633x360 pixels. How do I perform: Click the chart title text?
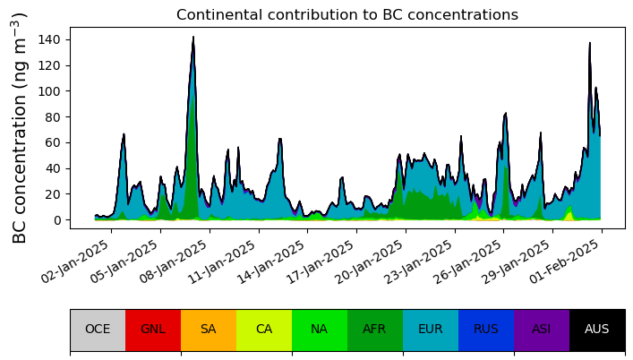click(x=347, y=15)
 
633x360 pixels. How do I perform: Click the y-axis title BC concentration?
click(x=19, y=128)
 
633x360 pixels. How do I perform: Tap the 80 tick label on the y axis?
click(x=54, y=117)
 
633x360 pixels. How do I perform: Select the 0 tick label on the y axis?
click(x=58, y=220)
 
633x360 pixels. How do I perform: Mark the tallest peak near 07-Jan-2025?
click(x=193, y=37)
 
